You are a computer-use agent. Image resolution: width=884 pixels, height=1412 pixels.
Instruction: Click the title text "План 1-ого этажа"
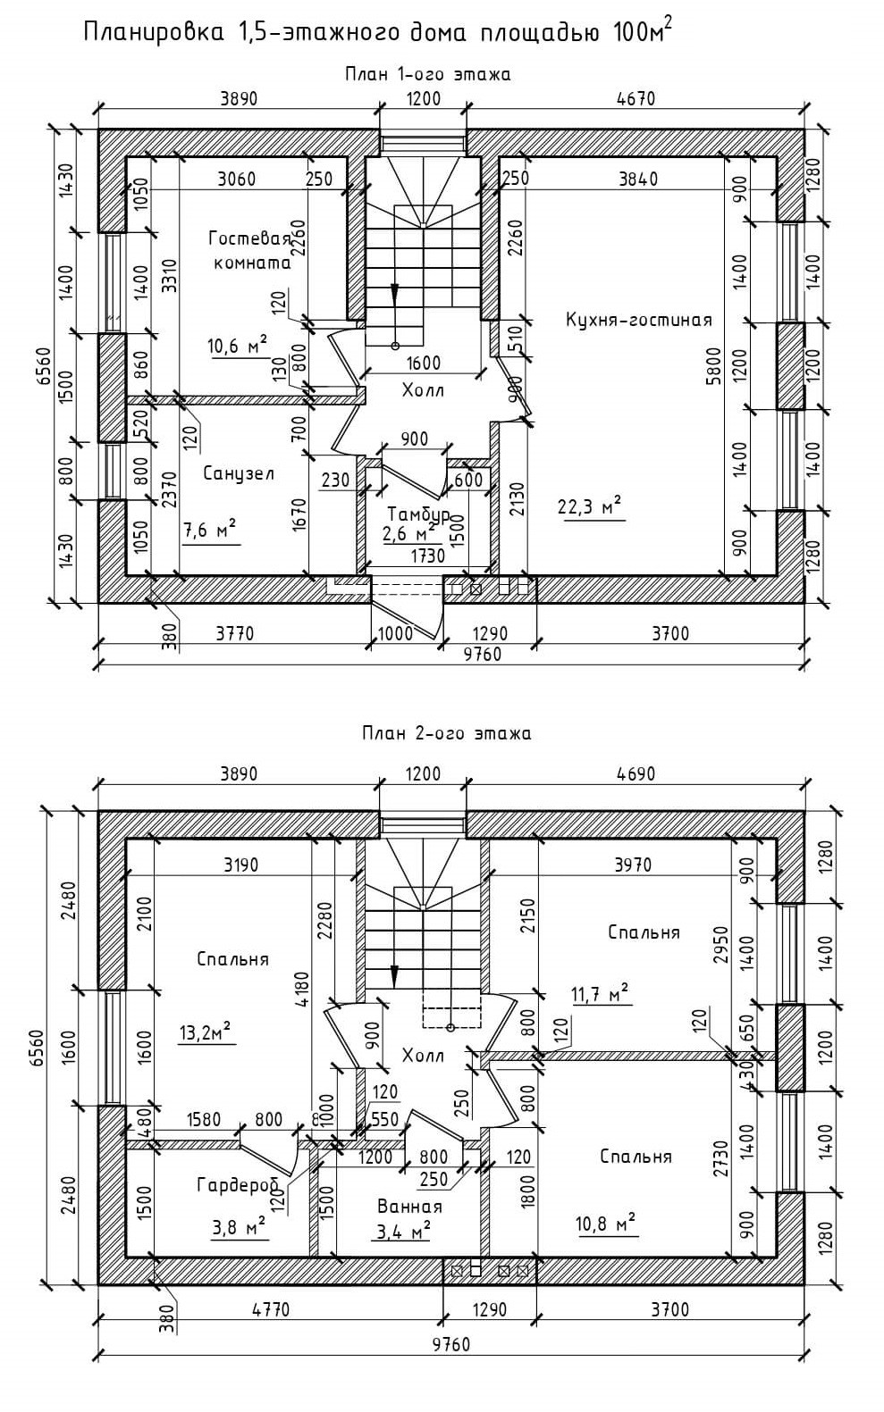[427, 74]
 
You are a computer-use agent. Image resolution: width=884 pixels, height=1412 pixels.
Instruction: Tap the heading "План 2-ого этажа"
[446, 733]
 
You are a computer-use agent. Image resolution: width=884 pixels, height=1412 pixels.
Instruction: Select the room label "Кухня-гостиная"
[638, 320]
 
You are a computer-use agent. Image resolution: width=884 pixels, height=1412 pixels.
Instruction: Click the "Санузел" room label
[238, 473]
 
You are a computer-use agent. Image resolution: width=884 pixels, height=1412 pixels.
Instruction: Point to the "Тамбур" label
[417, 514]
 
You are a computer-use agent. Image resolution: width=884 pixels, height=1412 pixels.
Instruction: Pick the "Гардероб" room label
[237, 1184]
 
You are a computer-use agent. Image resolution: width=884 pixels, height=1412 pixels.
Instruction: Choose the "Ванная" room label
[408, 1206]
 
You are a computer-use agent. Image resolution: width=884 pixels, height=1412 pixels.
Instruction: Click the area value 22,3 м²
[589, 506]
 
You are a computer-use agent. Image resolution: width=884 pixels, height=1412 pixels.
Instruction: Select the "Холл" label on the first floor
[422, 390]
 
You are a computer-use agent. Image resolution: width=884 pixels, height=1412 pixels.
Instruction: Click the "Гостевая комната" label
[250, 250]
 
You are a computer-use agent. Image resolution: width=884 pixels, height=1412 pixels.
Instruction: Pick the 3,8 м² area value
[238, 1227]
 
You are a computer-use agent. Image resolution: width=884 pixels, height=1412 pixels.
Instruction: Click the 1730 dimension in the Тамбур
[427, 556]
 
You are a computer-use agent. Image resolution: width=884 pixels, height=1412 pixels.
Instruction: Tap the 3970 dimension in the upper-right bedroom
[633, 865]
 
